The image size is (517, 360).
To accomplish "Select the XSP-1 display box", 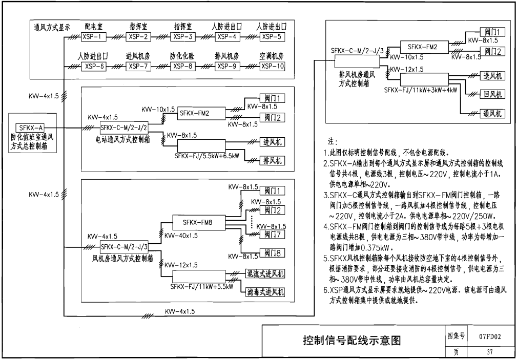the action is point(94,37).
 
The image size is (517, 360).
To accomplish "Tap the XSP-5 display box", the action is point(272,37).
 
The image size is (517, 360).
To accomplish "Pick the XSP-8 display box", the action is point(183,66).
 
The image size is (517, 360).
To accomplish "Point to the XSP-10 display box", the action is point(272,66).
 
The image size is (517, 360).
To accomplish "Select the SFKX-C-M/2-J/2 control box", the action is point(124,128).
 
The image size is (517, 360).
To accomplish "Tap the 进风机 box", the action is point(273,142).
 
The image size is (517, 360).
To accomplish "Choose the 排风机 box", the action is point(273,161).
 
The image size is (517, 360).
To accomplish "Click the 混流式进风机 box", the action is point(265,273).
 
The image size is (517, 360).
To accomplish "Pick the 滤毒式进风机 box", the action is point(265,292).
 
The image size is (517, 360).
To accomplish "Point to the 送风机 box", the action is point(492,76).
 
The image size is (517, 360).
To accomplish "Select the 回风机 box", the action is point(492,94).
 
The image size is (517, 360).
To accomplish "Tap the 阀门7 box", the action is point(273,234).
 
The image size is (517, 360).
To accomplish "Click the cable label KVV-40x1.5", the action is point(181,236).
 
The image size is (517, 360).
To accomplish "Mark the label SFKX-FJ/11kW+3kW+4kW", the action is point(421,90).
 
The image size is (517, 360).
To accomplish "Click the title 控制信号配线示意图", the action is point(352,340).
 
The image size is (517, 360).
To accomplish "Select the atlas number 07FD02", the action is point(490,336).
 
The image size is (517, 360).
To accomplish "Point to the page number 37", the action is point(490,352).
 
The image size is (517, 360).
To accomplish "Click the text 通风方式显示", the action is point(52,28).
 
